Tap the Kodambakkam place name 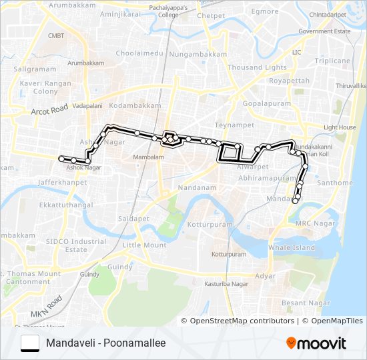pos(135,105)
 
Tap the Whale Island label pos(291,247)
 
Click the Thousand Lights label pos(257,67)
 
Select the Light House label pos(340,127)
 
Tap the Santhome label pos(335,183)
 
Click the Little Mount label pos(145,245)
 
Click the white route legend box pos(30,343)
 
